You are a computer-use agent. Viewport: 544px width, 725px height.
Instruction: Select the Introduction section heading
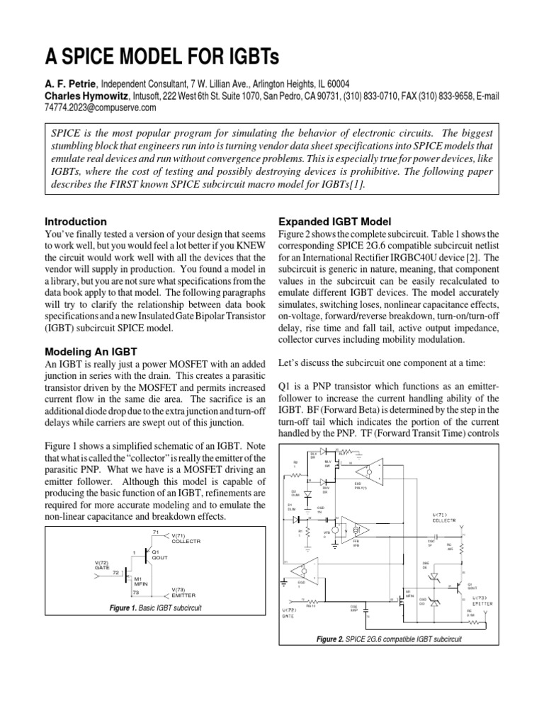76,222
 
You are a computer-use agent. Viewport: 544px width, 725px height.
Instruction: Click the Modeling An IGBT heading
91,352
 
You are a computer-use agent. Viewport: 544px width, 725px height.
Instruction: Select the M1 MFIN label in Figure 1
140,582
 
